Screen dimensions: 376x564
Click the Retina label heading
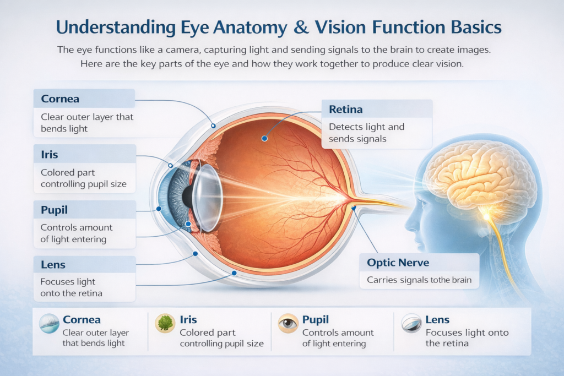[345, 109]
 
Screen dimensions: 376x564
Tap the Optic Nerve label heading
[398, 263]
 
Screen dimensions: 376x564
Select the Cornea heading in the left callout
[60, 99]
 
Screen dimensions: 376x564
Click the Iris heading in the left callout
[49, 154]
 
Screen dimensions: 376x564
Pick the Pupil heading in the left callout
[54, 210]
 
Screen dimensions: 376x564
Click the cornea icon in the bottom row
[50, 325]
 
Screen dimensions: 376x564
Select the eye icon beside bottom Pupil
[288, 324]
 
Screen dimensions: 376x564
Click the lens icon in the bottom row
[410, 324]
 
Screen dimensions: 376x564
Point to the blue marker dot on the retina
[264, 139]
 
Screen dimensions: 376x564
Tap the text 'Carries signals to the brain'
[419, 280]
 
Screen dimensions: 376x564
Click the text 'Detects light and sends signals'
[366, 133]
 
